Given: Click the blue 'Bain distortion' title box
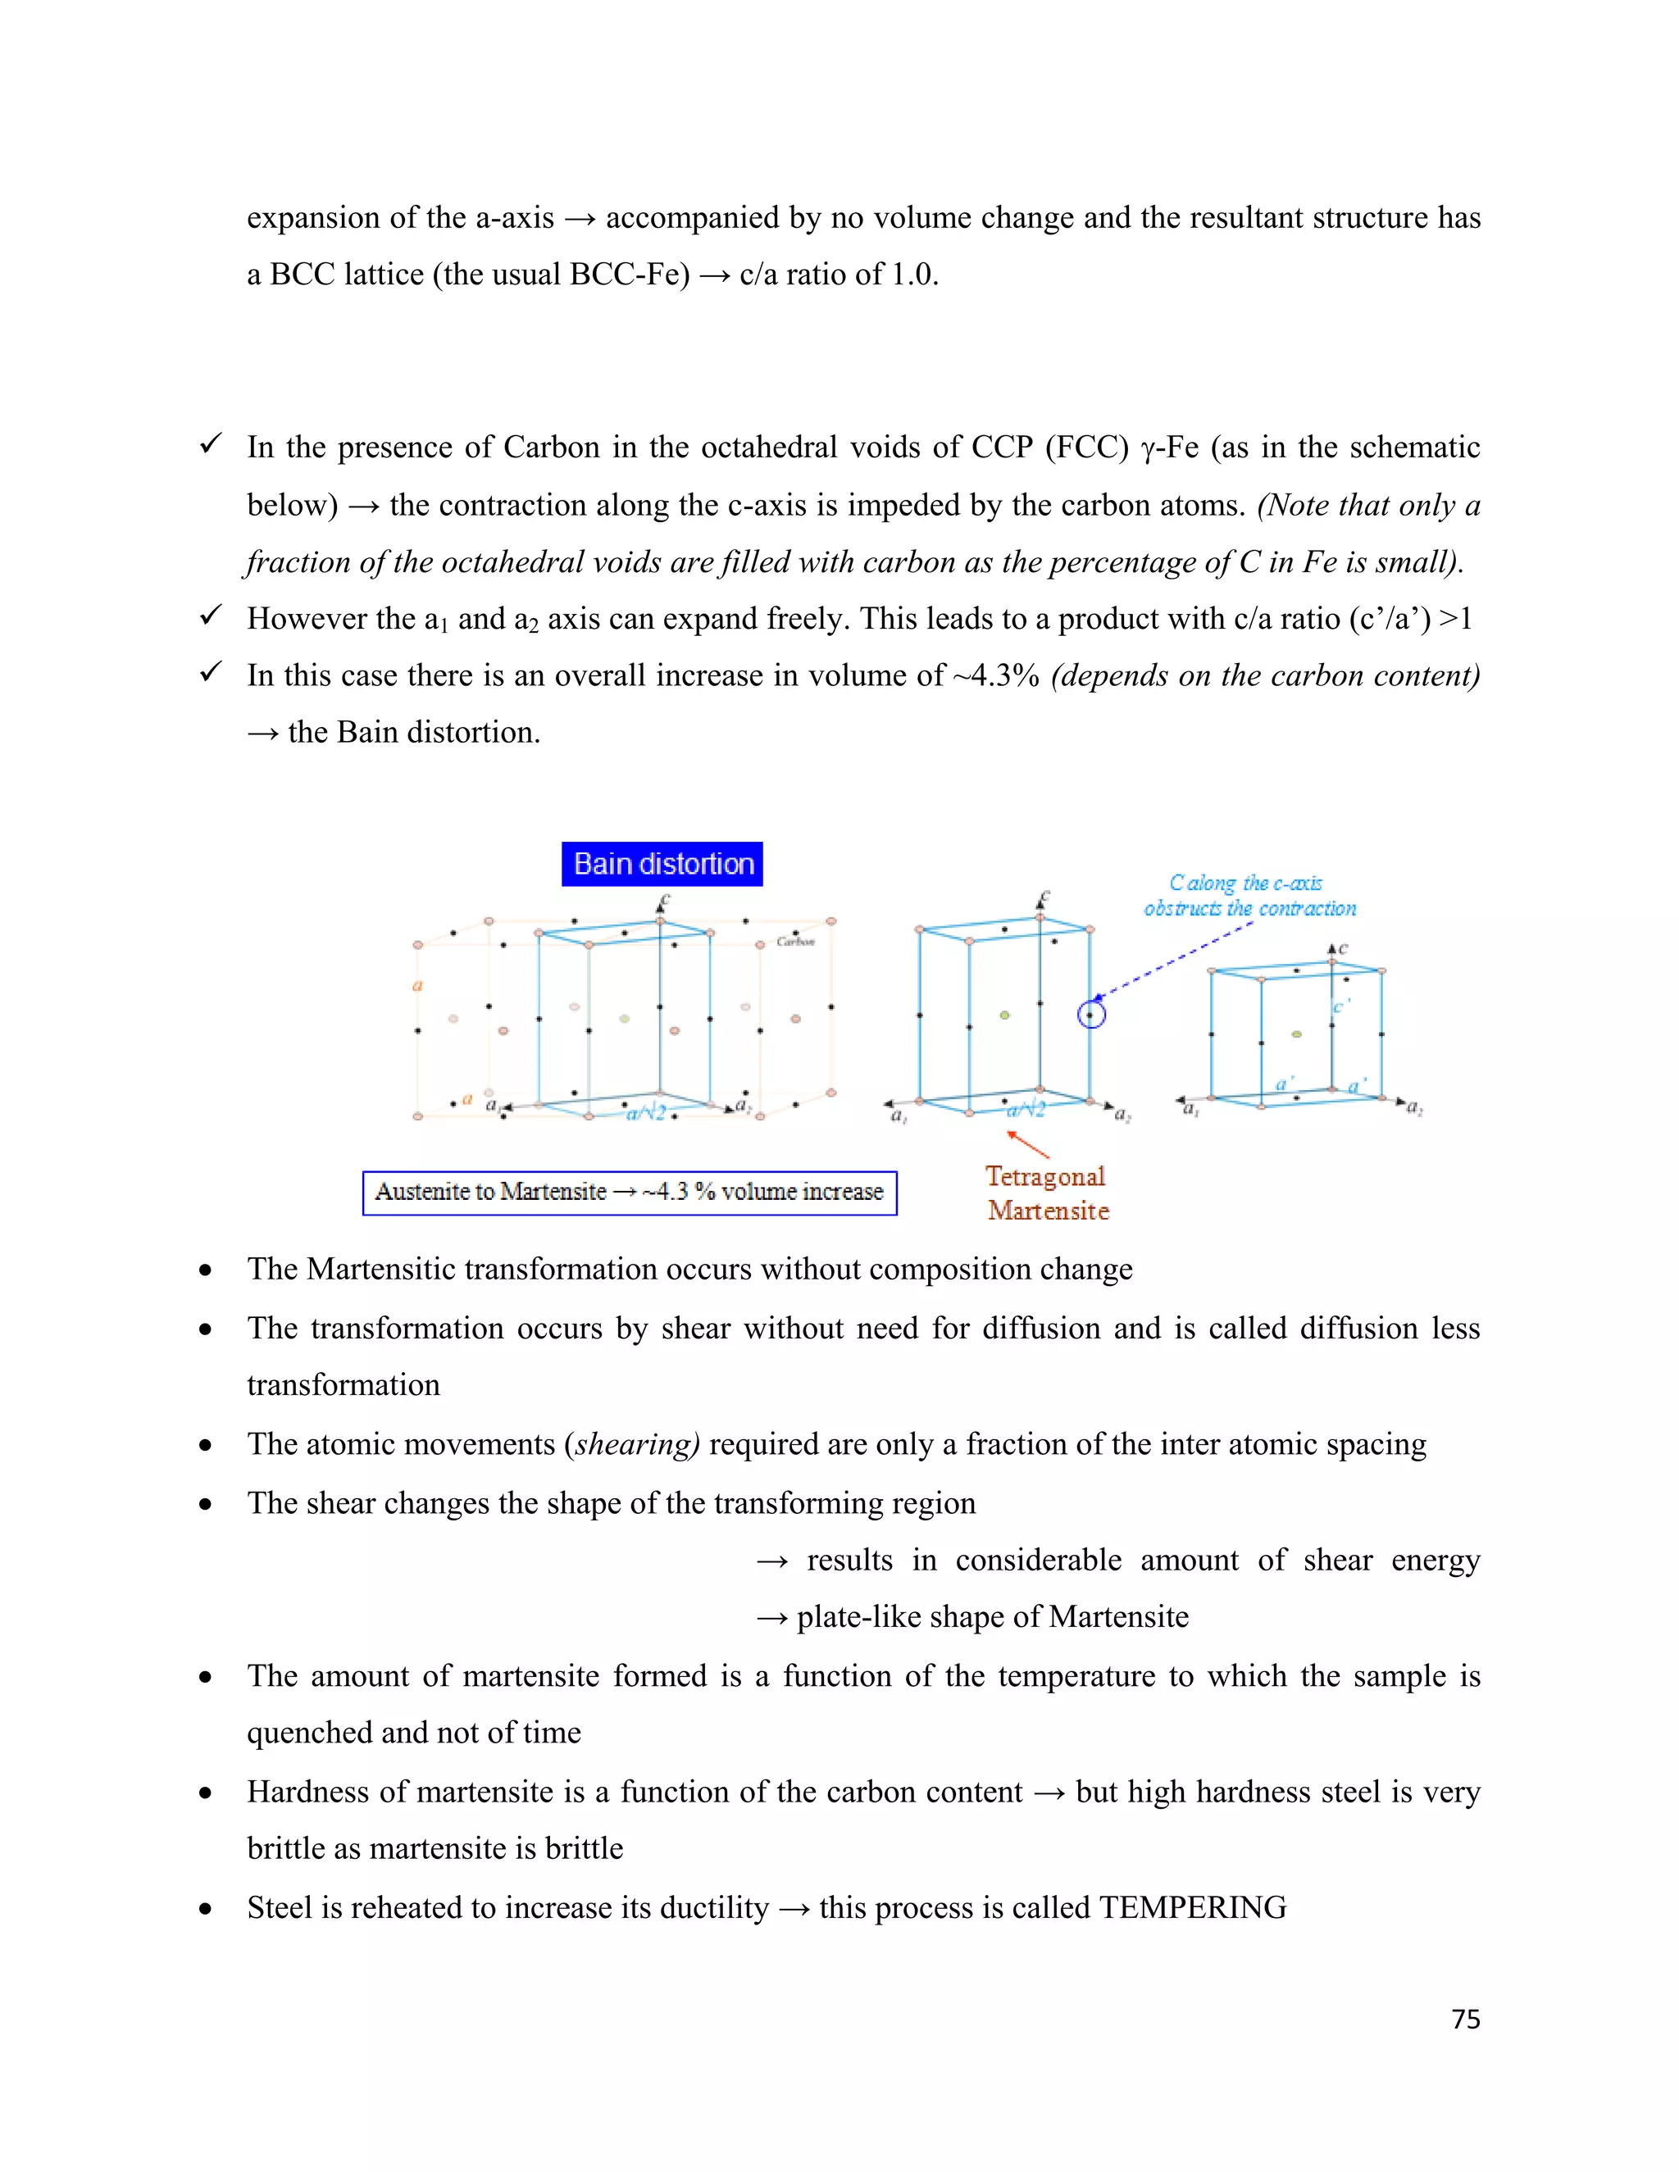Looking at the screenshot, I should point(662,863).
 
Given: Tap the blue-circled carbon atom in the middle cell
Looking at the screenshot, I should point(1091,1016).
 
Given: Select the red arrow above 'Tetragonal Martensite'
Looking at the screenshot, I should point(1030,1145).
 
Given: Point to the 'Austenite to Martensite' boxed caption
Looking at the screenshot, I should point(630,1193).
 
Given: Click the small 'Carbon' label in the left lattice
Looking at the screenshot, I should point(796,942).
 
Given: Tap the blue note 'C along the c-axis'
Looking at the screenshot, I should point(1245,883).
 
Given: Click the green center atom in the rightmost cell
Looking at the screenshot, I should point(1296,1034).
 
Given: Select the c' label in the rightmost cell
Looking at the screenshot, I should point(1339,1007).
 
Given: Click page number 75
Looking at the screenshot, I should point(1465,2020).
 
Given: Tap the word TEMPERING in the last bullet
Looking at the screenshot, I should point(1193,1907).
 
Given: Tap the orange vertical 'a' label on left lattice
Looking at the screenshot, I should point(418,985).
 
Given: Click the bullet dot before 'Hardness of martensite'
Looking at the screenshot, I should point(205,1793).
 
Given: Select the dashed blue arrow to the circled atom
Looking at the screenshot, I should point(1174,961).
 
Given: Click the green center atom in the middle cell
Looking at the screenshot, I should point(1004,1016).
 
